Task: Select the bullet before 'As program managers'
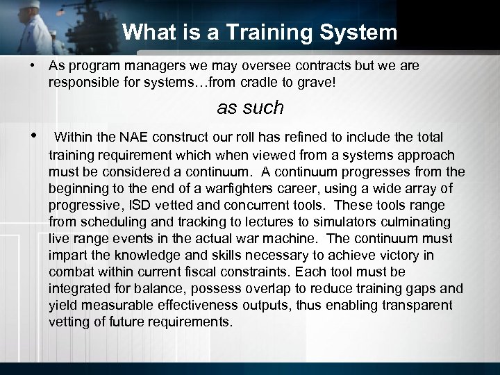[x=33, y=65]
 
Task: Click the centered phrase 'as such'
[x=250, y=108]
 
